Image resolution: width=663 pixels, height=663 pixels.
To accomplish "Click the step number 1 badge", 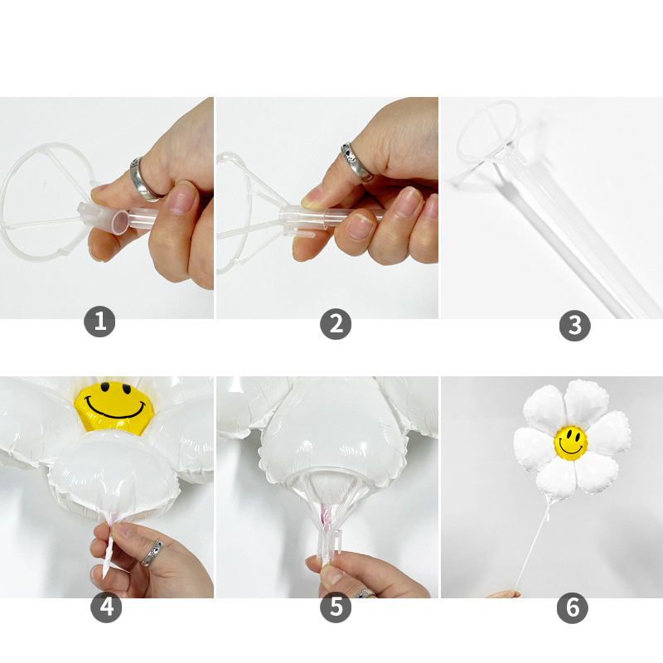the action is pos(99,322).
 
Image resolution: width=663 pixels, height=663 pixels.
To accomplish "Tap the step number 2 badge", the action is pos(336,324).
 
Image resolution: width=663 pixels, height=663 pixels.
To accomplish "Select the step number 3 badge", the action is pos(574,326).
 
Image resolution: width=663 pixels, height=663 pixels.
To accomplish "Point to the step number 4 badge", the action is pos(106,607).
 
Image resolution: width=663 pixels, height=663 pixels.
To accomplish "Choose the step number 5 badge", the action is pos(336,607).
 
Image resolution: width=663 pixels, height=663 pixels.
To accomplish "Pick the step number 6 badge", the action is pos(573,607).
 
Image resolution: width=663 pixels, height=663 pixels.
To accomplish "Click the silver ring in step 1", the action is pos(142,180).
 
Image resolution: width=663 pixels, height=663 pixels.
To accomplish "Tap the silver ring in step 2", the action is pos(356,162).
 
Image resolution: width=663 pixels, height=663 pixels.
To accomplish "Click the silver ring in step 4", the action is pos(152,552).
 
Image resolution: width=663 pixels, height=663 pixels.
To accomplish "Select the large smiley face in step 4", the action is pos(114,407).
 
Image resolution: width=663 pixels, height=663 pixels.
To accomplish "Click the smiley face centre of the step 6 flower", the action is pos(571,443).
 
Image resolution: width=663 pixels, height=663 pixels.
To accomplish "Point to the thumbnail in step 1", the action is pos(182,198).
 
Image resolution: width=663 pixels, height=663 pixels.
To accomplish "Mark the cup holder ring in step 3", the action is pos(487,132).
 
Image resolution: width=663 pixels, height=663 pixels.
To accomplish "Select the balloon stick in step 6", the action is pos(532,545).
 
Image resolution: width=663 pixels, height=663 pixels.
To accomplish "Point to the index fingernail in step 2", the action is pos(312,199).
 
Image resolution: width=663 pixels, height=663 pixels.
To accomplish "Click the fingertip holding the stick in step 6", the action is pos(503,594).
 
